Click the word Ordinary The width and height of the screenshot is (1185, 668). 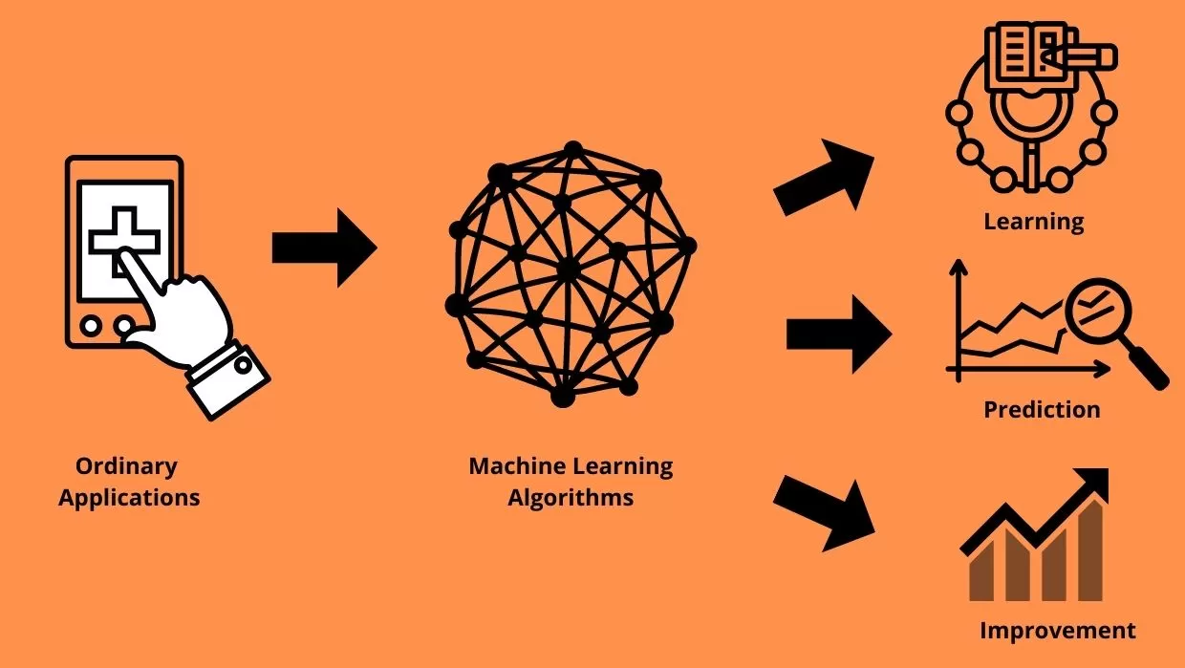(126, 466)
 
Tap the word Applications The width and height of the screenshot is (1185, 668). (129, 498)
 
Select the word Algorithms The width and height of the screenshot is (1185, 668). (571, 498)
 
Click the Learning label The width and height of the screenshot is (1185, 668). (1034, 222)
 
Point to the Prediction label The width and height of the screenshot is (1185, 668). (1042, 410)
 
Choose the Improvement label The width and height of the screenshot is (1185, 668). (1058, 631)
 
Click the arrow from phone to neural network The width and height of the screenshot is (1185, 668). (324, 247)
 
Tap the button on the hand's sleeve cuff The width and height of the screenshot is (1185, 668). (244, 365)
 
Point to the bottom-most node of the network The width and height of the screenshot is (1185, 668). (563, 397)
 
